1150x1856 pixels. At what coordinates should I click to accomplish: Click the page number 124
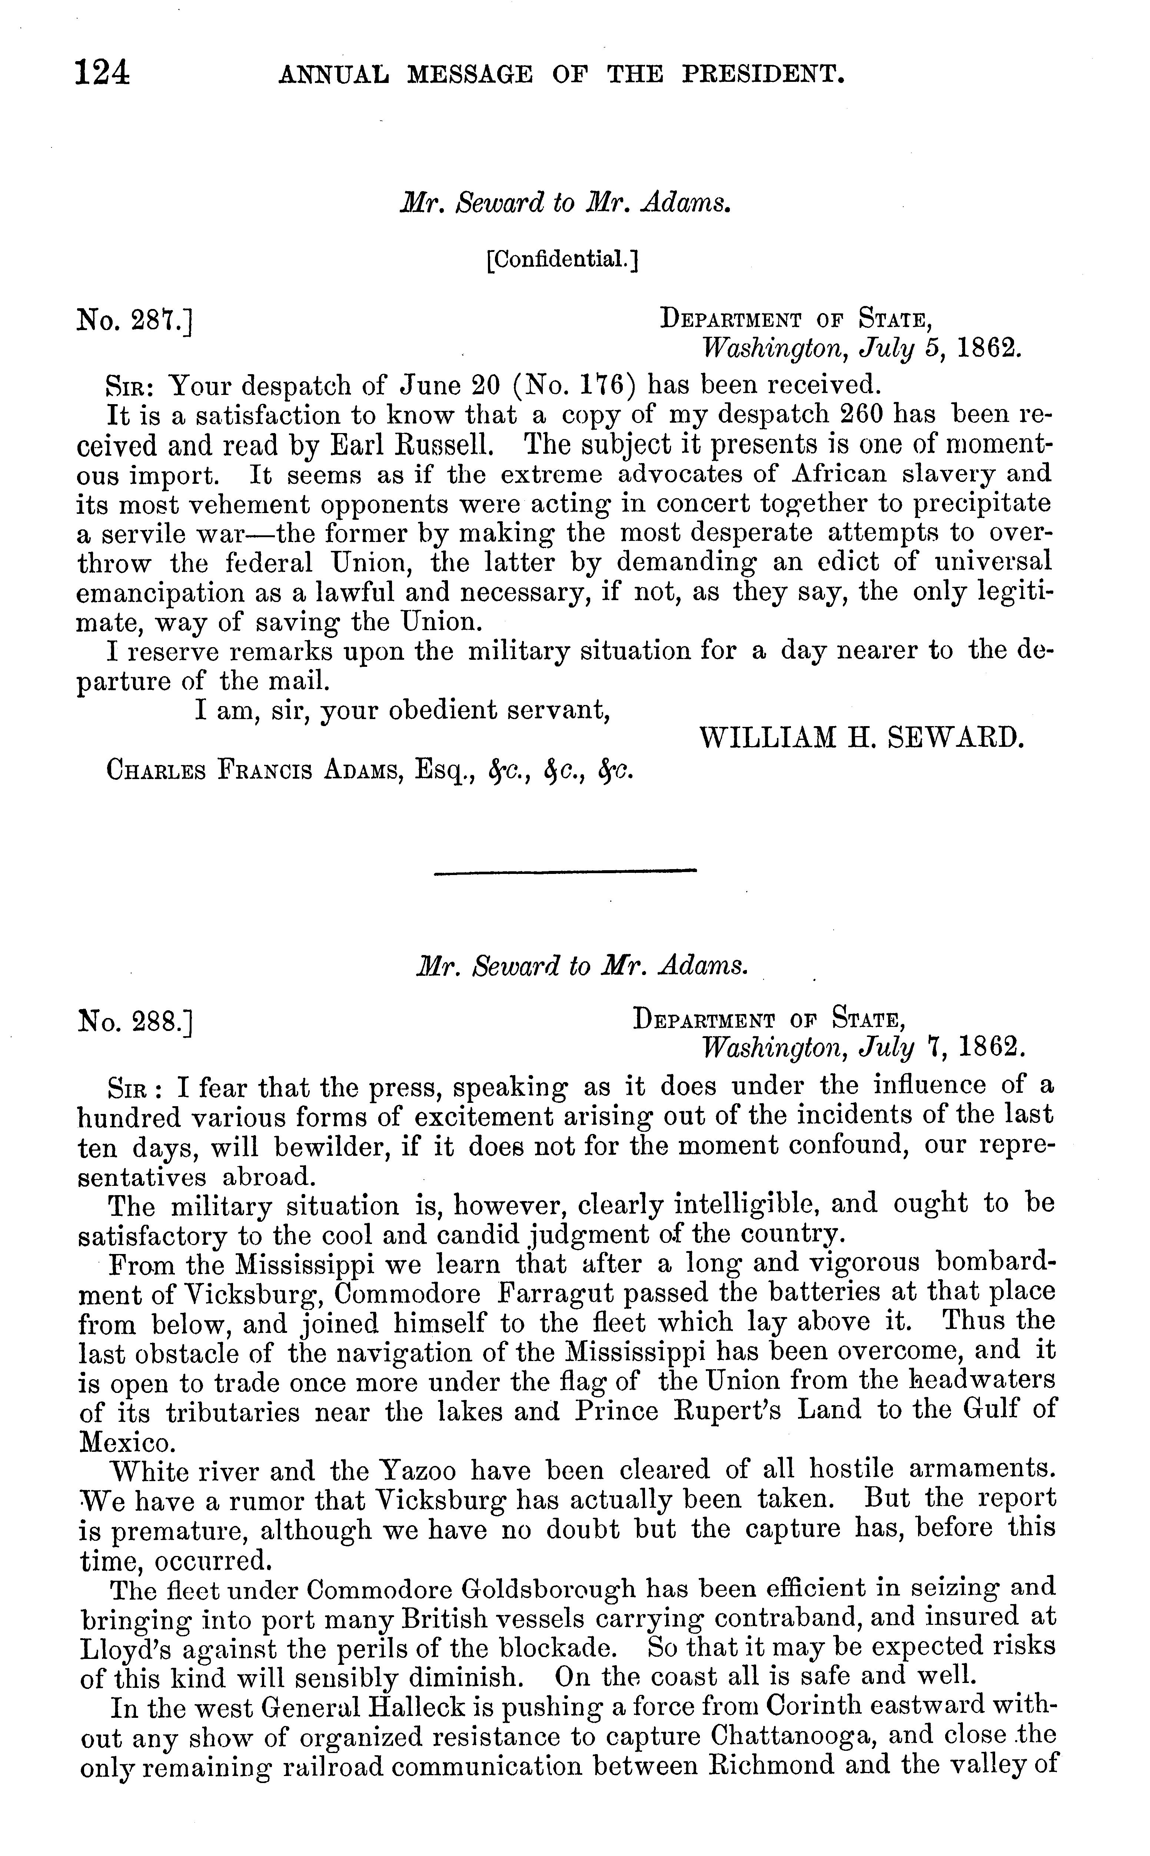point(102,74)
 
